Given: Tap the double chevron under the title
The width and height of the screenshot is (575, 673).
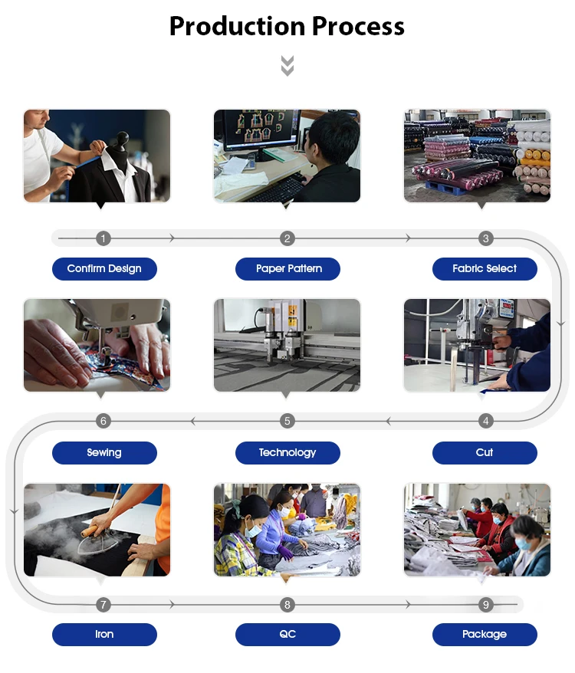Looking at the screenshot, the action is tap(287, 66).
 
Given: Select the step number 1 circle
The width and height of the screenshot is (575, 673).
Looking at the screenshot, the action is tap(103, 238).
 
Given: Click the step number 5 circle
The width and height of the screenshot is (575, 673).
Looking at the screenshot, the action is tap(287, 421).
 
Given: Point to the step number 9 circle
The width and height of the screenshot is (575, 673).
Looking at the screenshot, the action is tap(485, 605).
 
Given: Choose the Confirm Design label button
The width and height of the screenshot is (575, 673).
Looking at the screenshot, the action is tap(104, 269).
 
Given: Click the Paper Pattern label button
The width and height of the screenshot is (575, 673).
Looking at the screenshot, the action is tap(287, 269).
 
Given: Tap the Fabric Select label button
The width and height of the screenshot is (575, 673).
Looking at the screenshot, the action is tap(485, 269).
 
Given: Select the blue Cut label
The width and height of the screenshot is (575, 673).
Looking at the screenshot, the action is tap(485, 453).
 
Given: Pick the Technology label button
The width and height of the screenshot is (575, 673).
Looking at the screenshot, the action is tap(287, 453).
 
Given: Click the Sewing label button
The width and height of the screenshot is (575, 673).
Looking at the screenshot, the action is tap(104, 453).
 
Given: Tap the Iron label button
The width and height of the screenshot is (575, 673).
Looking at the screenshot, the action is tap(104, 635).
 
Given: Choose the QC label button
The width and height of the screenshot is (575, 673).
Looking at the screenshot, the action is tap(287, 635).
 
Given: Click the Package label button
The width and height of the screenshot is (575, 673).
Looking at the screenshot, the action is tap(485, 635).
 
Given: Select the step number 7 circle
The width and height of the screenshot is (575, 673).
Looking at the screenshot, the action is tap(103, 605).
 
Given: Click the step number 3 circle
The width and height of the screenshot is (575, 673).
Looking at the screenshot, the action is tap(485, 238).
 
